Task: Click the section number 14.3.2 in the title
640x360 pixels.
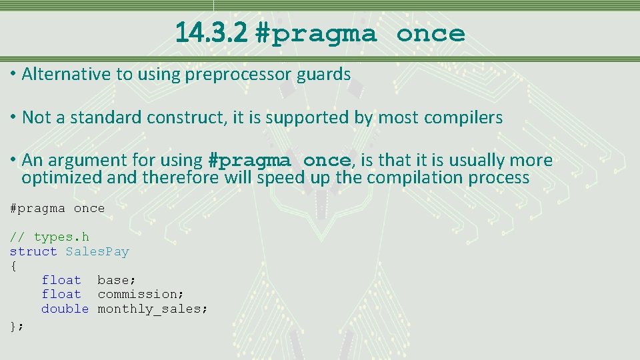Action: click(212, 33)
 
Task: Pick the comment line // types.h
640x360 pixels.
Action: click(49, 237)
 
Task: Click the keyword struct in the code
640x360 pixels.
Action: click(33, 251)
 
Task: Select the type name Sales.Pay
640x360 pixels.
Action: click(97, 251)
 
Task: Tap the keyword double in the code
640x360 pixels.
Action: click(65, 309)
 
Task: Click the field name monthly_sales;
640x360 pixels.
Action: click(153, 309)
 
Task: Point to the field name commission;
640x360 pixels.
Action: click(141, 295)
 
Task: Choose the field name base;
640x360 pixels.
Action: click(117, 281)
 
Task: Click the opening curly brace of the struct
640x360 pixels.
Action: click(13, 266)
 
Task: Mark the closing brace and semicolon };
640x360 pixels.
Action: click(16, 325)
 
